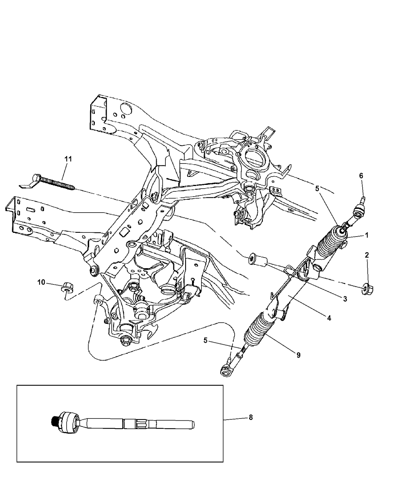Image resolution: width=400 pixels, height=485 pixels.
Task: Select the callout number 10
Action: click(41, 282)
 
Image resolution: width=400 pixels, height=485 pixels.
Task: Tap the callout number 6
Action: click(361, 175)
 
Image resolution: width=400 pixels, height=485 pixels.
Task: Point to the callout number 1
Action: click(366, 235)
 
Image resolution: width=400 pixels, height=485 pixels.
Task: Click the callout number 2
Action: click(366, 255)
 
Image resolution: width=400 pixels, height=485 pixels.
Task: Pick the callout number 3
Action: click(345, 299)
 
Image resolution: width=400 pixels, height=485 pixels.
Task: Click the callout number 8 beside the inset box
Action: click(251, 417)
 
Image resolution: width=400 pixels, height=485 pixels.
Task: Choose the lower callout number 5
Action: click(205, 340)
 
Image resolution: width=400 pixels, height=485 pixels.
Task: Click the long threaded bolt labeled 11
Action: click(53, 182)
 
